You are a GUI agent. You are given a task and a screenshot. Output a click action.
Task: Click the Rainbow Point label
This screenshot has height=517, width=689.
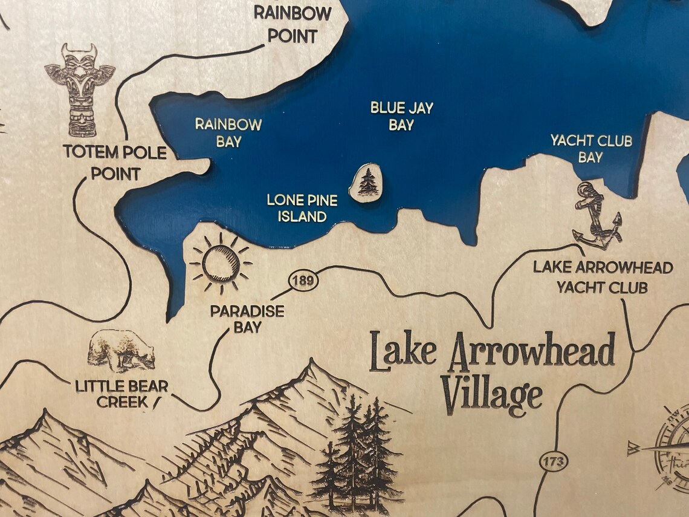point(293,24)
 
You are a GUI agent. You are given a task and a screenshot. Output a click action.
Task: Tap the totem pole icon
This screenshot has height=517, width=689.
point(80,89)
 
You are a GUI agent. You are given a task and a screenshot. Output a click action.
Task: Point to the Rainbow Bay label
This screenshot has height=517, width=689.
point(228,132)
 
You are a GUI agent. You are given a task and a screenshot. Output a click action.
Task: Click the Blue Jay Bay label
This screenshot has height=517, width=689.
point(401,116)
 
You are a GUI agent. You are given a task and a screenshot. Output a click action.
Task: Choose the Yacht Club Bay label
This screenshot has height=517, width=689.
point(590,149)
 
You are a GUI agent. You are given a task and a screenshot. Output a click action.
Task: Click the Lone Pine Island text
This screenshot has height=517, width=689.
point(302,207)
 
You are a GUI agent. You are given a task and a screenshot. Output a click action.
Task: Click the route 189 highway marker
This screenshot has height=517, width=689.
point(303,281)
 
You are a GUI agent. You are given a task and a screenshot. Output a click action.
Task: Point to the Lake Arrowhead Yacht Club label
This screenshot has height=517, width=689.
point(603,277)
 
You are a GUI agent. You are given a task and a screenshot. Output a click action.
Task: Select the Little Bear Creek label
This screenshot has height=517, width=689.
point(121,393)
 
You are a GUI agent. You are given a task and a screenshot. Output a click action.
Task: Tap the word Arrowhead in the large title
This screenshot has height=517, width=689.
point(531,351)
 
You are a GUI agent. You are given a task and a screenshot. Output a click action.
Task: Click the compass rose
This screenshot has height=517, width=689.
point(668,447)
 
